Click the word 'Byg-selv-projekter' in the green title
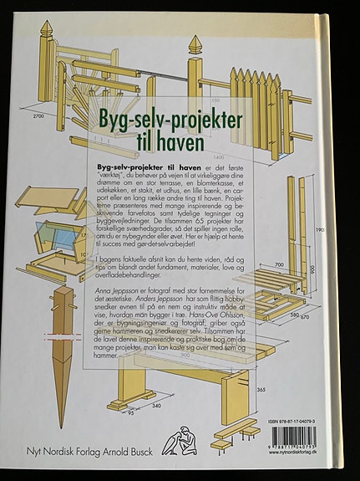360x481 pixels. coord(170,120)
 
